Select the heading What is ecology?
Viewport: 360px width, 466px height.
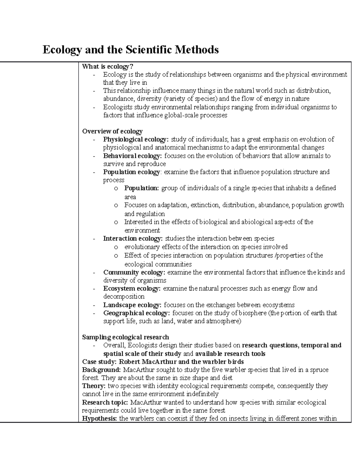(107, 66)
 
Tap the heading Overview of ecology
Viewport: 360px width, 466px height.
(112, 131)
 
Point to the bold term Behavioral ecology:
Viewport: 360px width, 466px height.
(132, 156)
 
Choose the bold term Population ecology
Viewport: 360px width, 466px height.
(131, 172)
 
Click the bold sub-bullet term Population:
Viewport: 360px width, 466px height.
(142, 188)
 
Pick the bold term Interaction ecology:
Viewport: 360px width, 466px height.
(133, 239)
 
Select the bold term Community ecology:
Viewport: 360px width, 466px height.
(134, 272)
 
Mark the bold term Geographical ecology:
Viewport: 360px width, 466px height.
(136, 313)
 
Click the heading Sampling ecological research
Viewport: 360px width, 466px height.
(125, 337)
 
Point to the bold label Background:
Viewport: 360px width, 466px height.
(101, 370)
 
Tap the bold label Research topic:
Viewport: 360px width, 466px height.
(105, 402)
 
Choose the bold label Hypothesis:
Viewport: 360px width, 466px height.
(99, 419)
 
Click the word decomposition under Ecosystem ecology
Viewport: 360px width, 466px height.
(124, 297)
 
